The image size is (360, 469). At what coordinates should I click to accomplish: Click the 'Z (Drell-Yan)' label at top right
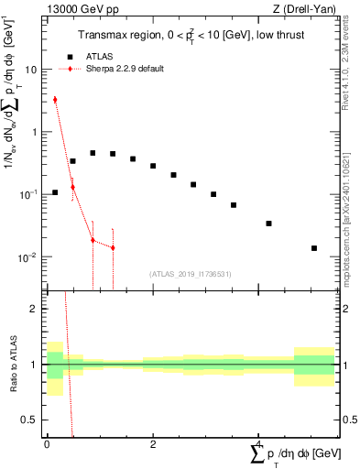click(303, 9)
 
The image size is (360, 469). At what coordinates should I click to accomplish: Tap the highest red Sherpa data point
click(55, 99)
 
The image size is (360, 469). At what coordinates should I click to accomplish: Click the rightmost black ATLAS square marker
click(314, 248)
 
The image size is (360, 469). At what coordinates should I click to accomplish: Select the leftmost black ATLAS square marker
click(55, 192)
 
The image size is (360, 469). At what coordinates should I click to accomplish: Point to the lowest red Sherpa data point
click(113, 247)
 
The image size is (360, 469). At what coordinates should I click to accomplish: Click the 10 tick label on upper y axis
click(31, 70)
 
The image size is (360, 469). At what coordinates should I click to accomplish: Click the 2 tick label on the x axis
click(152, 442)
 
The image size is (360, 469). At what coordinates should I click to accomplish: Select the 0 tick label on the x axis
click(47, 442)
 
